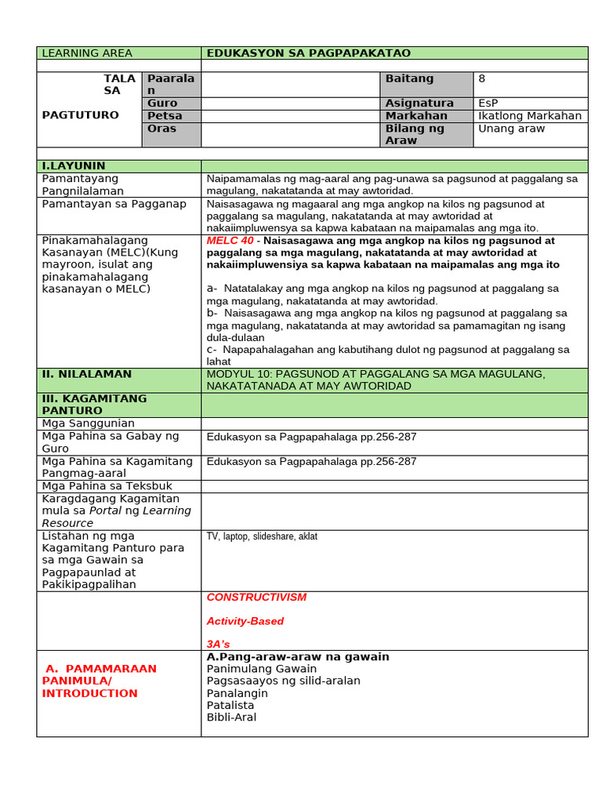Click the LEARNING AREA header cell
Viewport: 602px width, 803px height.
tap(87, 53)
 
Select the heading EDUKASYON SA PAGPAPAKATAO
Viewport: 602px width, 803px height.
tap(308, 53)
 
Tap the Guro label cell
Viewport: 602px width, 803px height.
tap(162, 104)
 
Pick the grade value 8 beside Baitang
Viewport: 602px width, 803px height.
tap(482, 78)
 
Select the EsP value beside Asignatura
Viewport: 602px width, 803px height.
tap(488, 104)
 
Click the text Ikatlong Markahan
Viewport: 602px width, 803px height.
tap(530, 116)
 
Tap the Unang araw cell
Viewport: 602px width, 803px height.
tap(511, 129)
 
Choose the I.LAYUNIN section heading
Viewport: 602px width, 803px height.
tap(74, 166)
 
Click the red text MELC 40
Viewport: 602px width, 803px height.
tap(230, 241)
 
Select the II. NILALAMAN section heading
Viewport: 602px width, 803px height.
tap(86, 374)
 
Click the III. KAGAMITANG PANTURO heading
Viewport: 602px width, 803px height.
tap(94, 405)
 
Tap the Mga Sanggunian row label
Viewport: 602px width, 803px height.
tap(84, 423)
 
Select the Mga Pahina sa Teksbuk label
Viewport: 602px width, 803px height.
tap(97, 486)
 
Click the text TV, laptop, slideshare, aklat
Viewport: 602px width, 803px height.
tap(262, 536)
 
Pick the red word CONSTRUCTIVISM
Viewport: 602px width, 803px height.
tap(256, 598)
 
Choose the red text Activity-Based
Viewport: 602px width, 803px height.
tap(245, 621)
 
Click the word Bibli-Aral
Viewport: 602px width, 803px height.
tap(231, 718)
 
